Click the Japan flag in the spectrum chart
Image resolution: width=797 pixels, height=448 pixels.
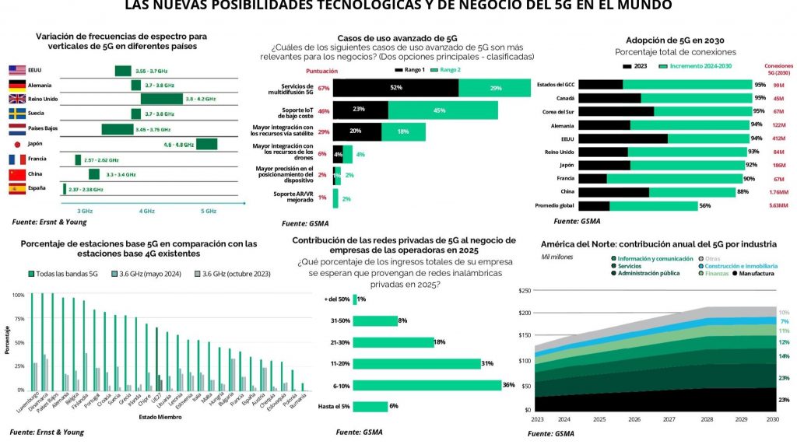coord(16,144)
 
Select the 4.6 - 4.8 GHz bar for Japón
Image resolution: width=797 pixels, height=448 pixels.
coord(206,144)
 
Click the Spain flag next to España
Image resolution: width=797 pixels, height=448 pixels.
coord(16,188)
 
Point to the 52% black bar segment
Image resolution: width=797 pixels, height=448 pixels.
coord(395,88)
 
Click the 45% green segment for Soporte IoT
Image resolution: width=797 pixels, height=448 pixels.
coord(438,110)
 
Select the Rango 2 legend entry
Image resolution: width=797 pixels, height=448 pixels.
coord(448,70)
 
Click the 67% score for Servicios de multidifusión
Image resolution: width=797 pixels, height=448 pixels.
coord(324,88)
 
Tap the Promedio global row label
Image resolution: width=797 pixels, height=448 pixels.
coord(554,206)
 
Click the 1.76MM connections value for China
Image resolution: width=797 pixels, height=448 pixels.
coord(776,191)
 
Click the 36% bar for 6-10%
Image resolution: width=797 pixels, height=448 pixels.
coord(427,385)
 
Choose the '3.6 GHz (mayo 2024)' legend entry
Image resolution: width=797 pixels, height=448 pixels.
coord(142,274)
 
